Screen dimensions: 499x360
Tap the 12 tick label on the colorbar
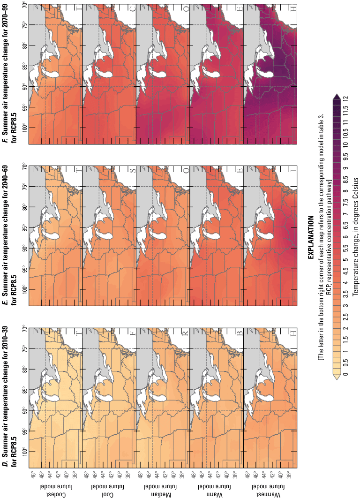(345, 99)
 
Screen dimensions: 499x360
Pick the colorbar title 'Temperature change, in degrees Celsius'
(355, 237)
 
